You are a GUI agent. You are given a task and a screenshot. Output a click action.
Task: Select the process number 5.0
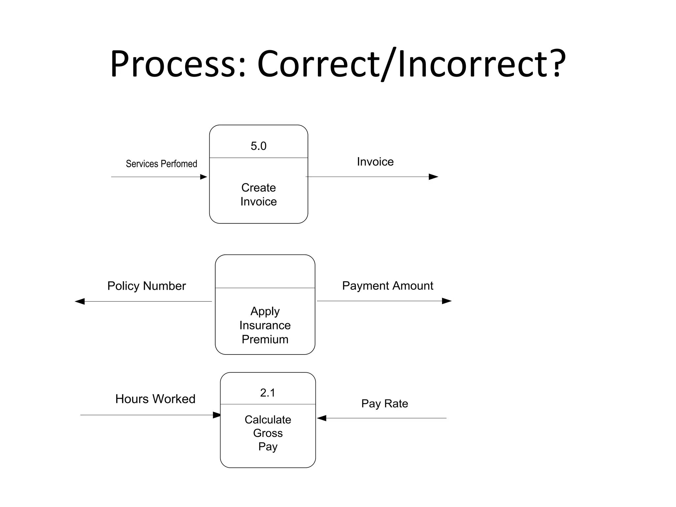258,146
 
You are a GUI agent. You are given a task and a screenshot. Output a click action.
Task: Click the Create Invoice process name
258,194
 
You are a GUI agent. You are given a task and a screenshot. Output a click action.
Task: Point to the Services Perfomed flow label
161,164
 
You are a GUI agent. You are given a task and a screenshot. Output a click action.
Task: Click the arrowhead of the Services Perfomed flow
204,177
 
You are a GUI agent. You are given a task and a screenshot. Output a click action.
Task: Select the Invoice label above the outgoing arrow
375,162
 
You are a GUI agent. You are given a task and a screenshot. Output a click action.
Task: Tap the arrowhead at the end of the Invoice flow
433,177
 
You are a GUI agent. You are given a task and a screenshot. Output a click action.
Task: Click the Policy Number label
147,286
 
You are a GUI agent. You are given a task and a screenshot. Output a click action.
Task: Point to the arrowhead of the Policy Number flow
80,301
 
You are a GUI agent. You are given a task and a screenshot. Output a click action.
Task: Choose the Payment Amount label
388,286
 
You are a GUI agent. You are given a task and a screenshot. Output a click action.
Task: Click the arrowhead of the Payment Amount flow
447,301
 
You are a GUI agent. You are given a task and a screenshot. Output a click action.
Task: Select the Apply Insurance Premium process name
265,325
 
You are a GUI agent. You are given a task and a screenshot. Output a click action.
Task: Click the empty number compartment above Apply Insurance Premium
265,272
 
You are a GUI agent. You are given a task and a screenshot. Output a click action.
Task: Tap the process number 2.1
267,393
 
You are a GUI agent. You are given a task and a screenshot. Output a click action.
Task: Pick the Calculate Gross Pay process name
268,433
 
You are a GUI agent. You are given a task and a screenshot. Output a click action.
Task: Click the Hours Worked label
155,399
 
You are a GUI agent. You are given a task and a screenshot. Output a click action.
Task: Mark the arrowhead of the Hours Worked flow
217,415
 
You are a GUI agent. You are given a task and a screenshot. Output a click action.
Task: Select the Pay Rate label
385,404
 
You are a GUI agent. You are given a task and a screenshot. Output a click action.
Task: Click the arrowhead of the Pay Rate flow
322,418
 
